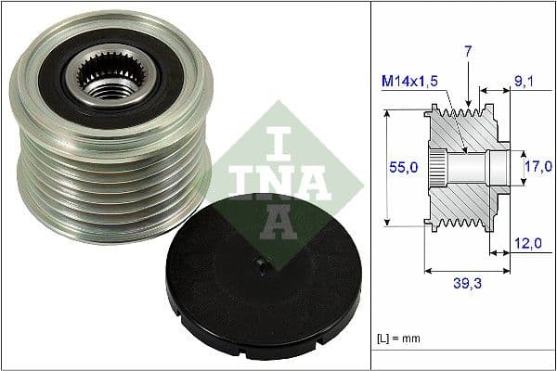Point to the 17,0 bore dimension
pyautogui.click(x=538, y=168)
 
